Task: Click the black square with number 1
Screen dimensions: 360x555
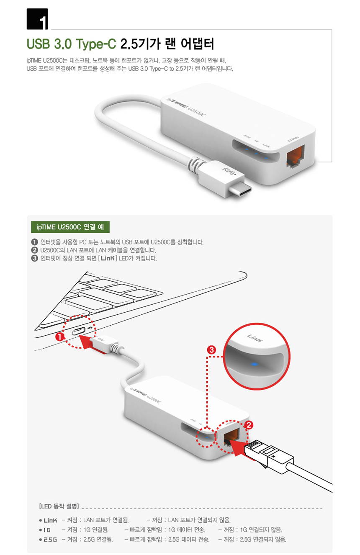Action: click(x=37, y=19)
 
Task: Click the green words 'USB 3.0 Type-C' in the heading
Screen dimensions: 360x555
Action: click(x=71, y=44)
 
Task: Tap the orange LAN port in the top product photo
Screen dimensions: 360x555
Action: click(x=296, y=157)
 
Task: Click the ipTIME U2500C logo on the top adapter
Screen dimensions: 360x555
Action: click(x=186, y=107)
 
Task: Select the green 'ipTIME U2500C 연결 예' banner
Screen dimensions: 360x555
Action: click(x=70, y=227)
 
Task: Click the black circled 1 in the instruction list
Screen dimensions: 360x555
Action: click(x=34, y=242)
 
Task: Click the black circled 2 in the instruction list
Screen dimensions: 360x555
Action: click(x=34, y=250)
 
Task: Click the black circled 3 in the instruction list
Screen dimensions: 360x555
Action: click(x=34, y=258)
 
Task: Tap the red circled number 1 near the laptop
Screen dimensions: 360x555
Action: click(x=60, y=337)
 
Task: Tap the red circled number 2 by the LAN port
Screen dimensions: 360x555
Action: click(x=249, y=425)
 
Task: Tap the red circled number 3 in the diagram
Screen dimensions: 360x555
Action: click(x=211, y=350)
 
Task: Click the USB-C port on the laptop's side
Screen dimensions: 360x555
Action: click(x=79, y=331)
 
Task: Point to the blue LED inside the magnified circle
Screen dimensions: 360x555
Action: click(x=254, y=364)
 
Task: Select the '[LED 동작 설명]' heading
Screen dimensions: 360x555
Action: click(x=59, y=506)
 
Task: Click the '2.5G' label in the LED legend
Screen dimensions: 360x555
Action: click(x=50, y=540)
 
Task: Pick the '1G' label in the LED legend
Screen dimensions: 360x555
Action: click(x=47, y=530)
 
